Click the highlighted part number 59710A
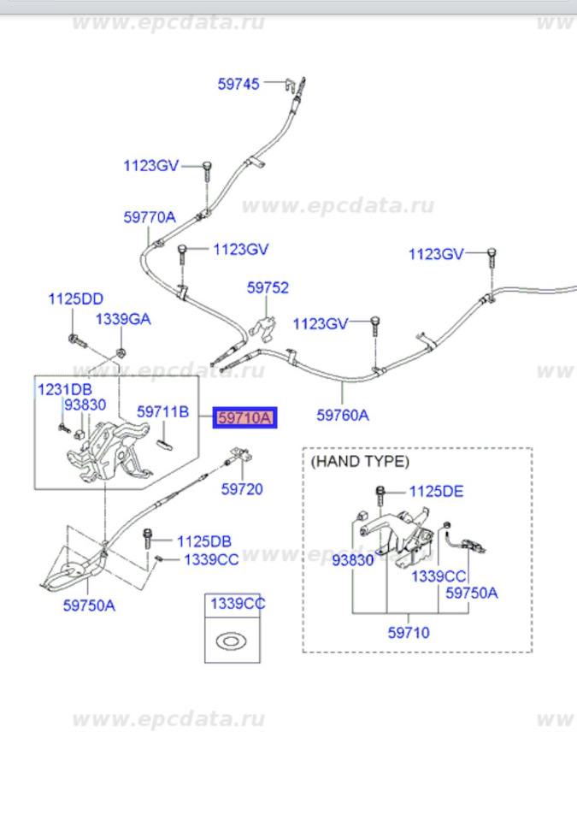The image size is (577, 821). tap(245, 418)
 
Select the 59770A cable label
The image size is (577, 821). tap(149, 217)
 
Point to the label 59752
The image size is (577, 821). tap(268, 288)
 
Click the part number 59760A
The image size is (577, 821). tap(343, 416)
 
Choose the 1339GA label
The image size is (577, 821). tap(122, 319)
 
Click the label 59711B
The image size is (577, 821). tap(162, 411)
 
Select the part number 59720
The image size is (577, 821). tap(242, 490)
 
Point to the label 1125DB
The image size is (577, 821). tap(203, 541)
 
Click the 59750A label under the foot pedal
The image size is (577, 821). tap(88, 605)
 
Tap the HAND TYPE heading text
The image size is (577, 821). tap(360, 461)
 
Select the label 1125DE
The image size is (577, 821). tap(436, 491)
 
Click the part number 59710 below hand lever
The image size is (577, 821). tap(409, 634)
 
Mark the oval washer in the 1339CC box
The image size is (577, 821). tap(232, 639)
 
